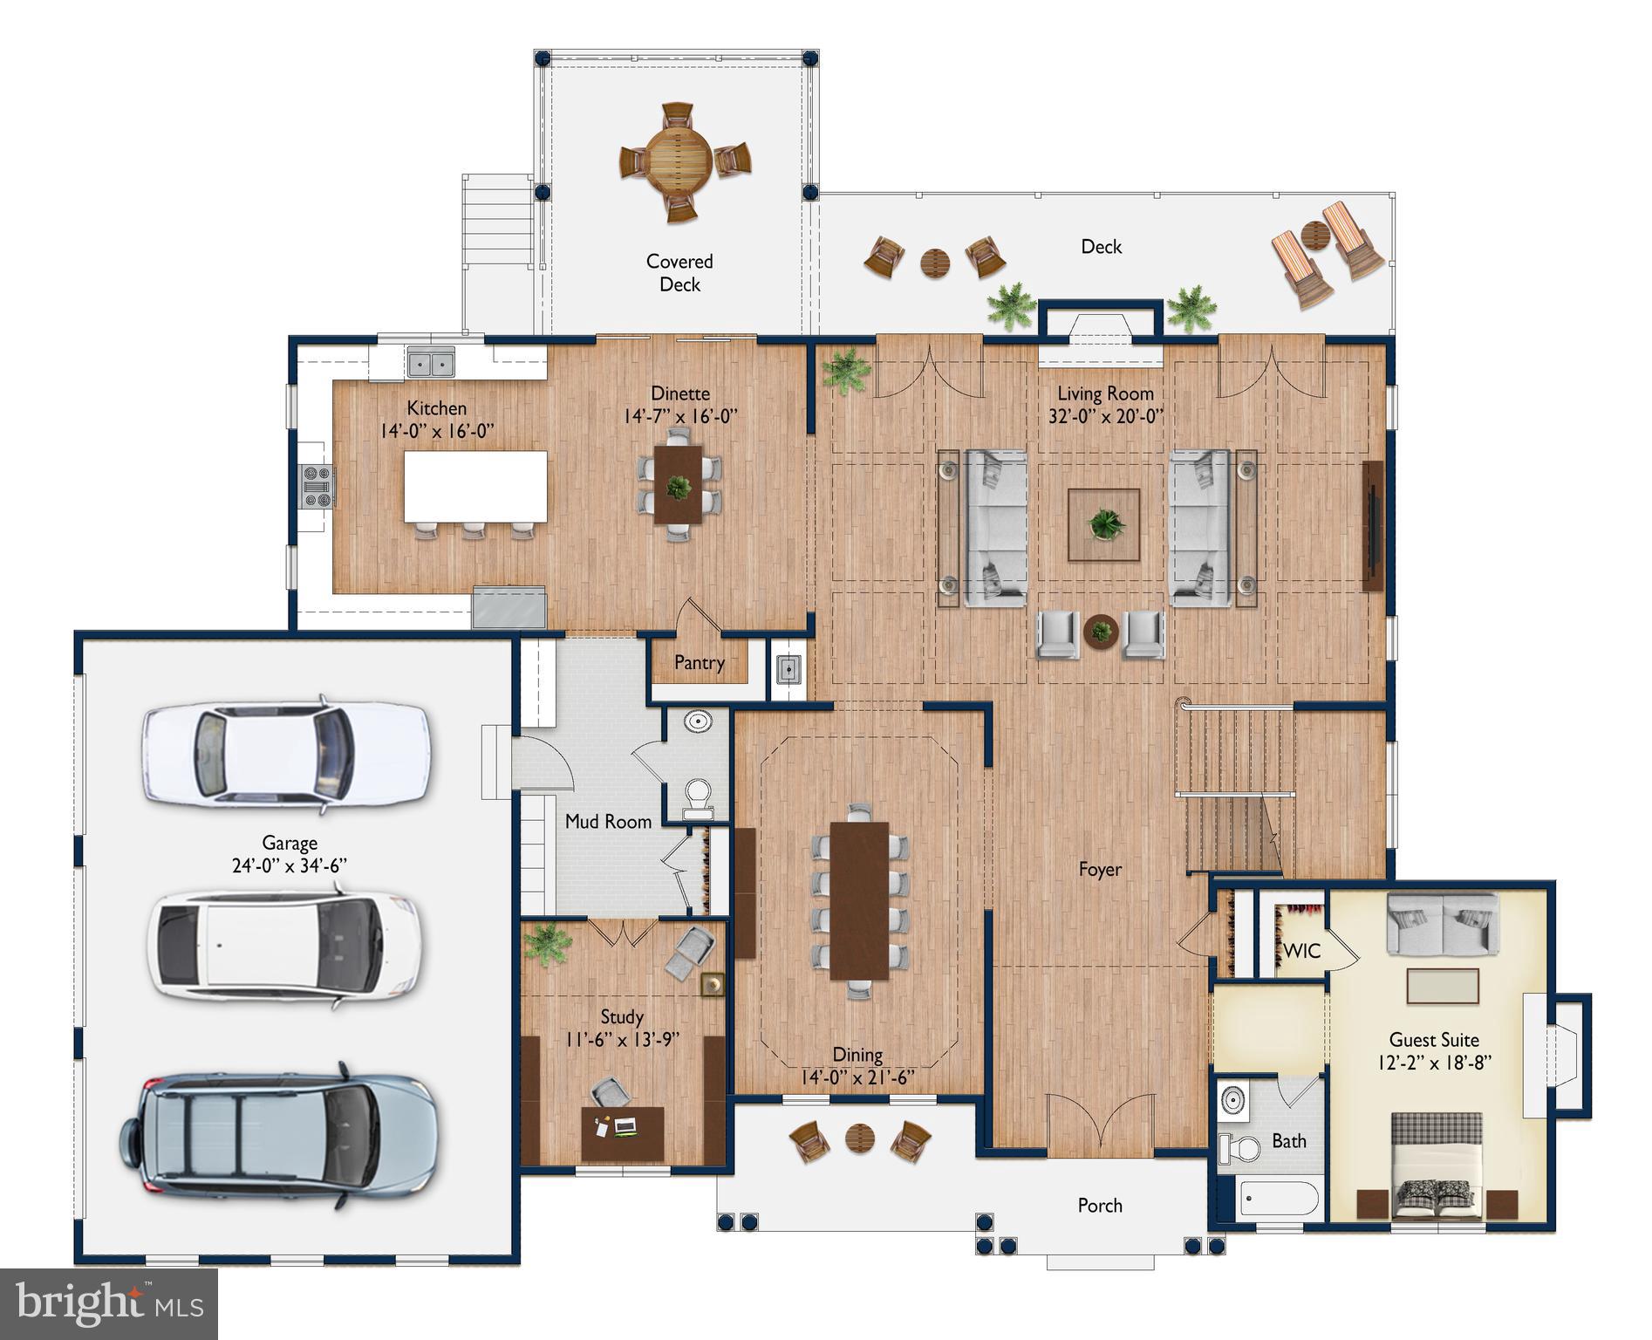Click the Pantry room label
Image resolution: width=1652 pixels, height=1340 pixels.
[699, 663]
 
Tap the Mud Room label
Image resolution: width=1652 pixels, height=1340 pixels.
[608, 822]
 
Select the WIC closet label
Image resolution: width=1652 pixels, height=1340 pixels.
[1301, 951]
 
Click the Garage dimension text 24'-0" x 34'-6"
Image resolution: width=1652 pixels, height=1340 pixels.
[290, 866]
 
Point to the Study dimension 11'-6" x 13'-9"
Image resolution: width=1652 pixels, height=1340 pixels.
[621, 1039]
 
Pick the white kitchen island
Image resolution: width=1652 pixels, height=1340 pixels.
[475, 486]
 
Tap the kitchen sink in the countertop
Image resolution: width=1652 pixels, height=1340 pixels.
[431, 361]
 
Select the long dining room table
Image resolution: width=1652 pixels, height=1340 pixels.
[859, 900]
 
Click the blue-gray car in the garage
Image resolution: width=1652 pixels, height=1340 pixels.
[279, 1137]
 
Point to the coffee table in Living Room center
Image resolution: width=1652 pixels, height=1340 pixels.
[1104, 524]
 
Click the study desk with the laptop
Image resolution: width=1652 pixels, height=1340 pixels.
[622, 1131]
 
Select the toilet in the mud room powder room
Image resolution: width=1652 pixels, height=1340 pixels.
[697, 796]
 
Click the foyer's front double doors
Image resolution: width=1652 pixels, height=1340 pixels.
[1100, 1125]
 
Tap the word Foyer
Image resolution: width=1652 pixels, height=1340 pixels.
[1099, 870]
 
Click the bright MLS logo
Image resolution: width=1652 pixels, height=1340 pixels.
[108, 1304]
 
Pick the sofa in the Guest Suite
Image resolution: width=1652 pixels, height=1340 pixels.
[1443, 924]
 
